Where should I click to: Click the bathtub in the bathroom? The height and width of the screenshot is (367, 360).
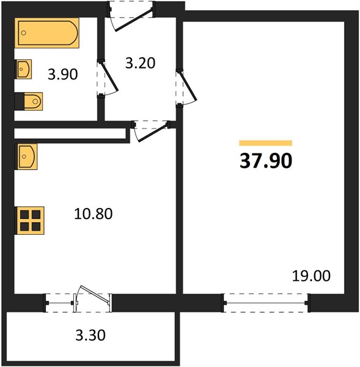pos(47,33)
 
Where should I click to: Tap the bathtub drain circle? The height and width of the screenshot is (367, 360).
pos(24,33)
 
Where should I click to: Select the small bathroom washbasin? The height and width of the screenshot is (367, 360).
pos(23,69)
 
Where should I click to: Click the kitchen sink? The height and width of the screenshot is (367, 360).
pos(26,157)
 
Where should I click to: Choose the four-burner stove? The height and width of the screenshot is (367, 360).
pos(29,220)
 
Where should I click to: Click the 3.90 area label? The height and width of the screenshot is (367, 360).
pos(63,75)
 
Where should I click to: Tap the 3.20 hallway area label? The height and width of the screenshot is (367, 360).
pos(141,63)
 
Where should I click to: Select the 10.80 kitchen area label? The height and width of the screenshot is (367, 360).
pos(94,213)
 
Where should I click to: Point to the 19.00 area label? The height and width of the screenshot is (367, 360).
pos(311,276)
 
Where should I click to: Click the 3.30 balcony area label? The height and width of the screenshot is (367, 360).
pos(90,335)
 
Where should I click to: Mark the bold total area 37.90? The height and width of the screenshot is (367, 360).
pos(266,161)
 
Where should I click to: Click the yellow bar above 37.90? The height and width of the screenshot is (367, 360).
pos(266,143)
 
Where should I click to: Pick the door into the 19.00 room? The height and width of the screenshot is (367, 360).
pos(187,87)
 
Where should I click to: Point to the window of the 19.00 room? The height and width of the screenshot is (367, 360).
pos(266,303)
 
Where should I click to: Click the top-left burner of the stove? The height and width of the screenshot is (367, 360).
pos(24,215)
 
